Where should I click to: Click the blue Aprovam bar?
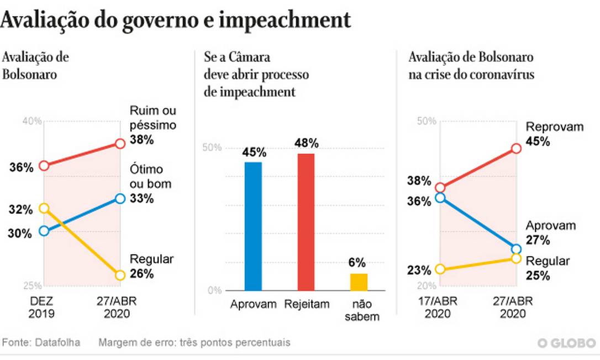pos(254,226)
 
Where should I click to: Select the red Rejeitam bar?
pos(306,222)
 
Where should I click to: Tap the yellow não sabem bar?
pos(359,282)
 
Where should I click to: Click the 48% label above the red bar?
pos(306,143)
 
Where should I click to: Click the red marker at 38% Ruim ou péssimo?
pos(120,144)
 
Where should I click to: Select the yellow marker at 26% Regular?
pos(120,275)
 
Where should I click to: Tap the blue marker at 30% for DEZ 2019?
pos(44,231)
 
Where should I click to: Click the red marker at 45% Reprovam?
pos(516,149)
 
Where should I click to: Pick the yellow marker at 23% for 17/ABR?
pos(440,269)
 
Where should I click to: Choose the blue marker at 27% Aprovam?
pos(516,249)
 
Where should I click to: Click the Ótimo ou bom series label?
pos(150,177)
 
